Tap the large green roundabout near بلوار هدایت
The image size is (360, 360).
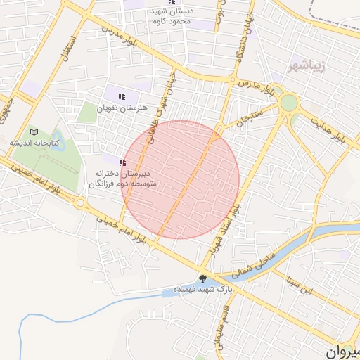coord(288,103)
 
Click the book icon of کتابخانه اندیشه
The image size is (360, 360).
coord(34,131)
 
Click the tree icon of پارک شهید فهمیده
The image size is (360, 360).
coord(203,278)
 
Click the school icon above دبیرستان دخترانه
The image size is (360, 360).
coord(122,162)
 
